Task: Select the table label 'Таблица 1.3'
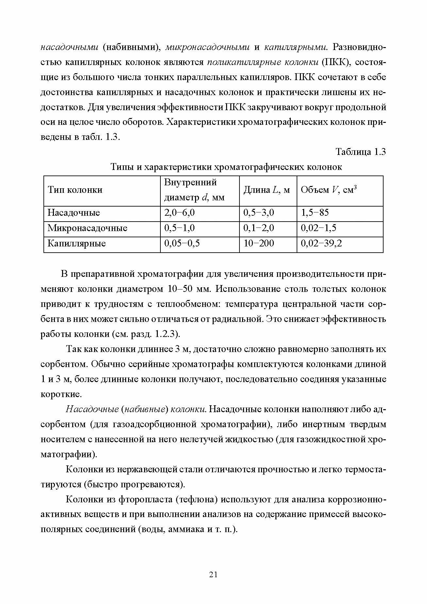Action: pos(361,152)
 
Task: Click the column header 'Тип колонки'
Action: pos(75,190)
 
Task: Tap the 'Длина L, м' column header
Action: pos(267,190)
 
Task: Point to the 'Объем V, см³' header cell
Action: pos(328,190)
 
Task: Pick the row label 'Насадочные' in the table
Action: pos(74,213)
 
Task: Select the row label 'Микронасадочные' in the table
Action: pos(87,228)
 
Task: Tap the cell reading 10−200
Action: pos(259,243)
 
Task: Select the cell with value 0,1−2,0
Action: pos(259,228)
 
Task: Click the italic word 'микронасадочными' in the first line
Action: pos(207,47)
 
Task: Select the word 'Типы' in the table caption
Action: pos(122,167)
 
